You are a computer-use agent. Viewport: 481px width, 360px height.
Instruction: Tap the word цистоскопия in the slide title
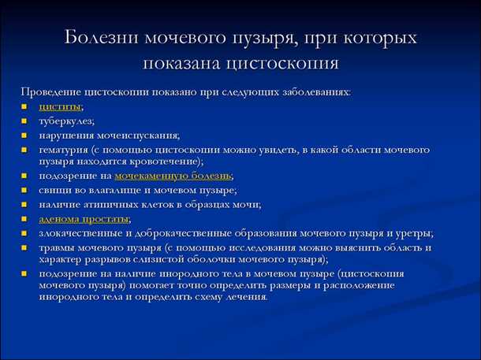[x=293, y=63]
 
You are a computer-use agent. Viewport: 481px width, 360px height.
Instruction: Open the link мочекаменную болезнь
[x=173, y=175]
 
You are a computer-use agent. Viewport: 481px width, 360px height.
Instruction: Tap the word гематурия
[x=64, y=149]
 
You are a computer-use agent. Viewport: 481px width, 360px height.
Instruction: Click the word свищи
[x=54, y=190]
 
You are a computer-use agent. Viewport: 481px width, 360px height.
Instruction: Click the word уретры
[x=413, y=233]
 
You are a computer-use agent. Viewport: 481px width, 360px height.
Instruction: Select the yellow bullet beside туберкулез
[x=24, y=121]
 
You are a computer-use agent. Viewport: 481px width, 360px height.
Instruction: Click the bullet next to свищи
[x=24, y=190]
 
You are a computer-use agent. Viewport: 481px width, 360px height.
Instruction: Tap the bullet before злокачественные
[x=24, y=233]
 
